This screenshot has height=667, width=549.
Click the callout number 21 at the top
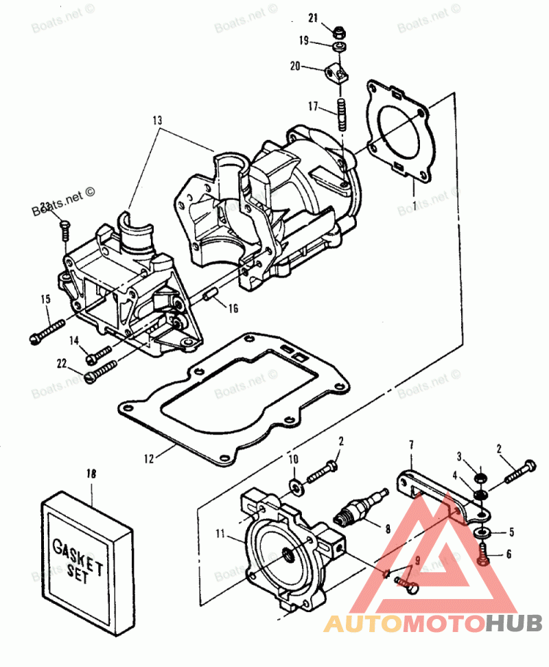click(x=313, y=17)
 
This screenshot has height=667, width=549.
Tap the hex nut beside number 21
click(x=338, y=32)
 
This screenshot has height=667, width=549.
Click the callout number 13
click(x=157, y=120)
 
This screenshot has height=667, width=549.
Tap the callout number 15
click(x=46, y=299)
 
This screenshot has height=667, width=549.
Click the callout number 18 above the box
click(x=91, y=473)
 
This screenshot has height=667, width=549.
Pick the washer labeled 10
click(x=296, y=487)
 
